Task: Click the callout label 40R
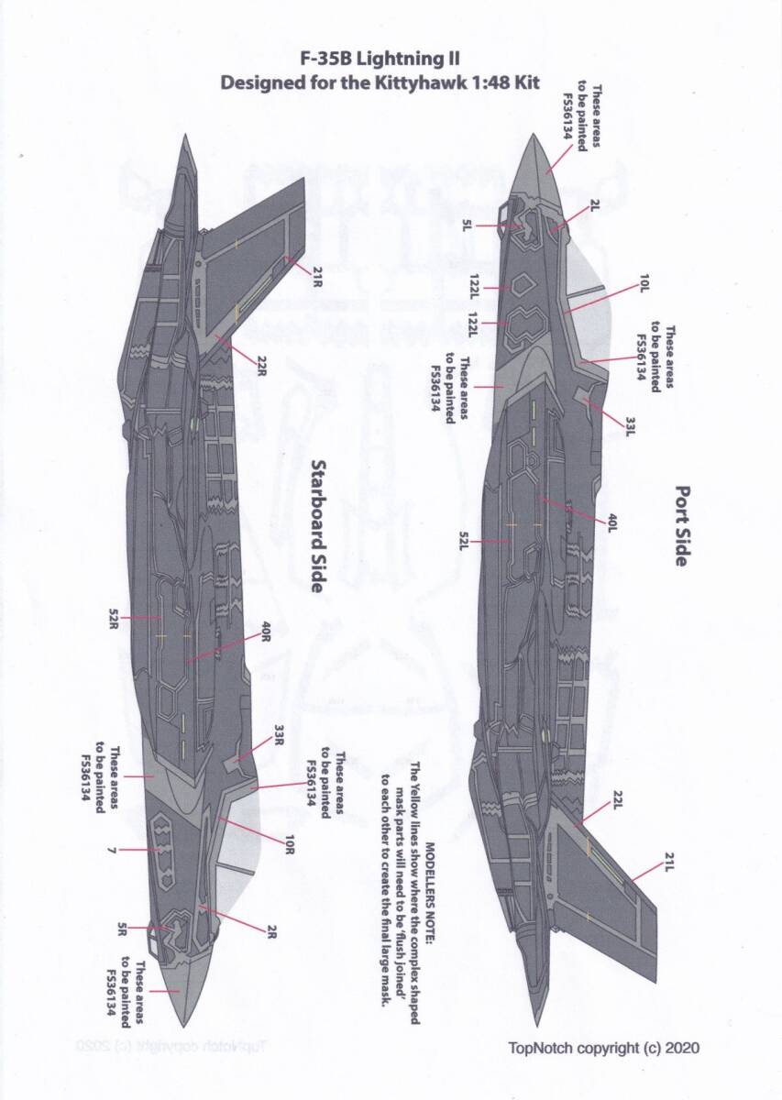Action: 266,632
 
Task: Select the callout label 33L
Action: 631,426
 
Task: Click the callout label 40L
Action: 612,522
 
